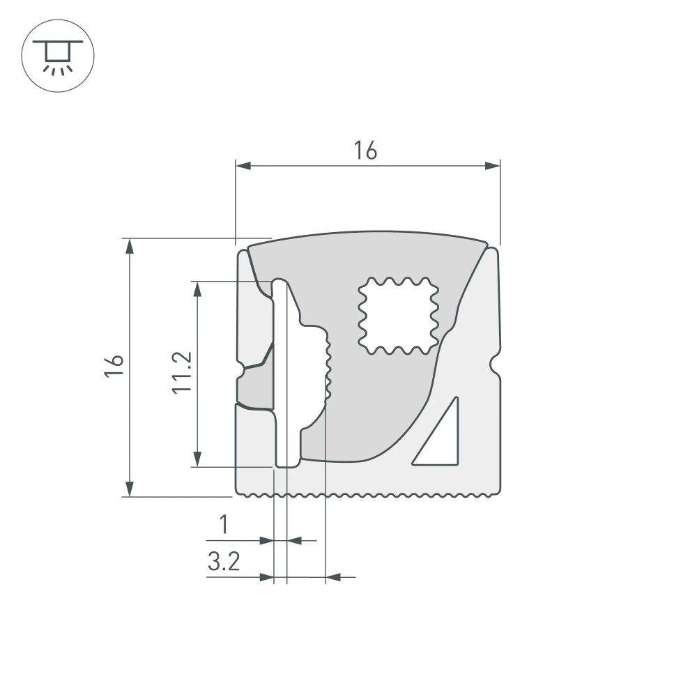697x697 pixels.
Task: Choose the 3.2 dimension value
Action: (x=223, y=562)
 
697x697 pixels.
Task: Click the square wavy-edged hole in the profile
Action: (x=398, y=315)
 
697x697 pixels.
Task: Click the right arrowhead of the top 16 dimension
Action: (x=493, y=165)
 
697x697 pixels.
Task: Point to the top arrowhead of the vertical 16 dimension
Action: (x=129, y=246)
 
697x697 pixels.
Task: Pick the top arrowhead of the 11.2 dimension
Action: (x=198, y=289)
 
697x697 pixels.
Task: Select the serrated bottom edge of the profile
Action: (x=369, y=496)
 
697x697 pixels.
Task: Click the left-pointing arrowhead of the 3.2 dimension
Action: (x=333, y=577)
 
